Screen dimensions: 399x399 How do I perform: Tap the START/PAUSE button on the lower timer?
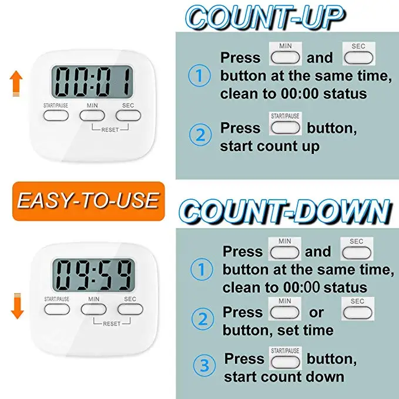(x=56, y=310)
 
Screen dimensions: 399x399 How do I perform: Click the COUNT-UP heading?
(x=264, y=18)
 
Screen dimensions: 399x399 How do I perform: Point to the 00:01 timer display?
(x=92, y=83)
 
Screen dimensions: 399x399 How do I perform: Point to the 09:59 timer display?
(x=92, y=274)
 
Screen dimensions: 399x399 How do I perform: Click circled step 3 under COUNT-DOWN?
(x=204, y=367)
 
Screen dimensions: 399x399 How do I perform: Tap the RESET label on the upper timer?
(x=110, y=129)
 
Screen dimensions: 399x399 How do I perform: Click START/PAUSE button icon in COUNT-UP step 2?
(x=284, y=128)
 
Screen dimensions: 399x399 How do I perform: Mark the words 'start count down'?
(x=284, y=376)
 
